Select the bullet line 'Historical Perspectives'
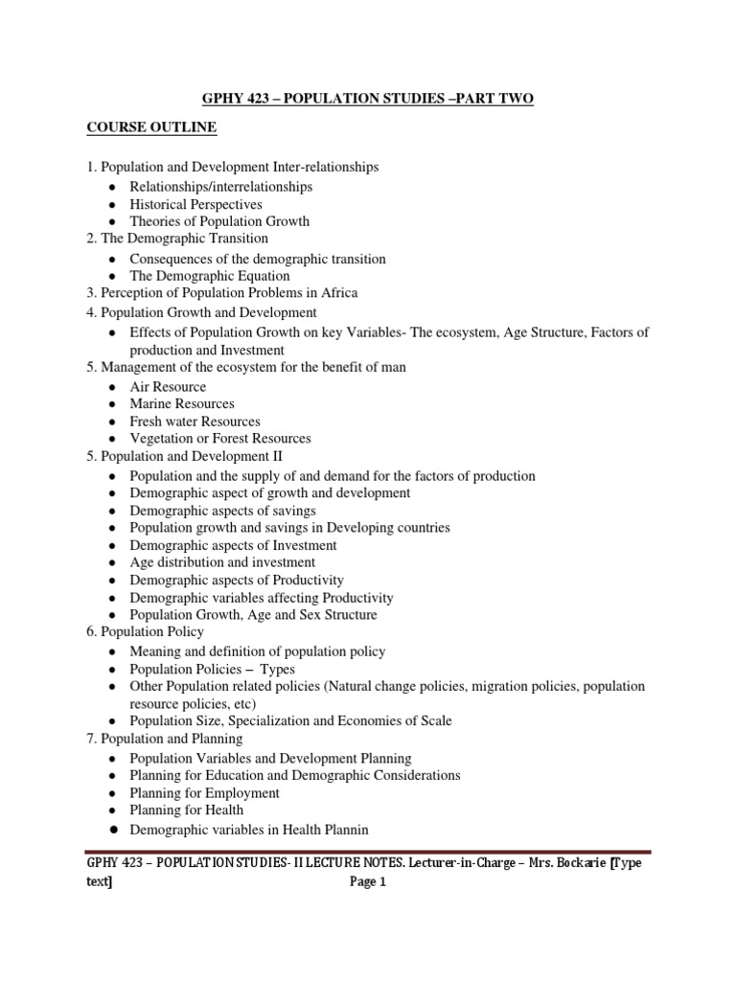point(195,204)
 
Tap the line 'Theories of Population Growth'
point(219,221)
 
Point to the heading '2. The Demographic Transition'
point(177,238)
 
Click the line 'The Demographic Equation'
point(209,276)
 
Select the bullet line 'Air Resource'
point(168,387)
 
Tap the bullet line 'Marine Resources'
point(182,404)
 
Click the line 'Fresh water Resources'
point(195,422)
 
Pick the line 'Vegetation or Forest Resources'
point(220,439)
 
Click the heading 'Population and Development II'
point(192,456)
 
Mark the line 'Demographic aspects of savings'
point(222,511)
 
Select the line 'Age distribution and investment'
point(222,562)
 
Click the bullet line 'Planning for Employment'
point(205,793)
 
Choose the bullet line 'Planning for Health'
point(187,810)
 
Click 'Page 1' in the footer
point(368,883)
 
